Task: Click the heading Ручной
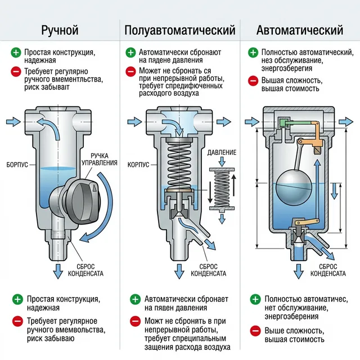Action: (x=60, y=30)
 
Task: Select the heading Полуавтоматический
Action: (x=180, y=30)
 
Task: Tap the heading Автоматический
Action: (x=299, y=30)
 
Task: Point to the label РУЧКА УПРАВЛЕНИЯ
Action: (x=102, y=159)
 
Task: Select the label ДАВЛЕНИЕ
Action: (x=222, y=153)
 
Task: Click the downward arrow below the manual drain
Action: (x=58, y=273)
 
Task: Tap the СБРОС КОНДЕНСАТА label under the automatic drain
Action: (x=328, y=269)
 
